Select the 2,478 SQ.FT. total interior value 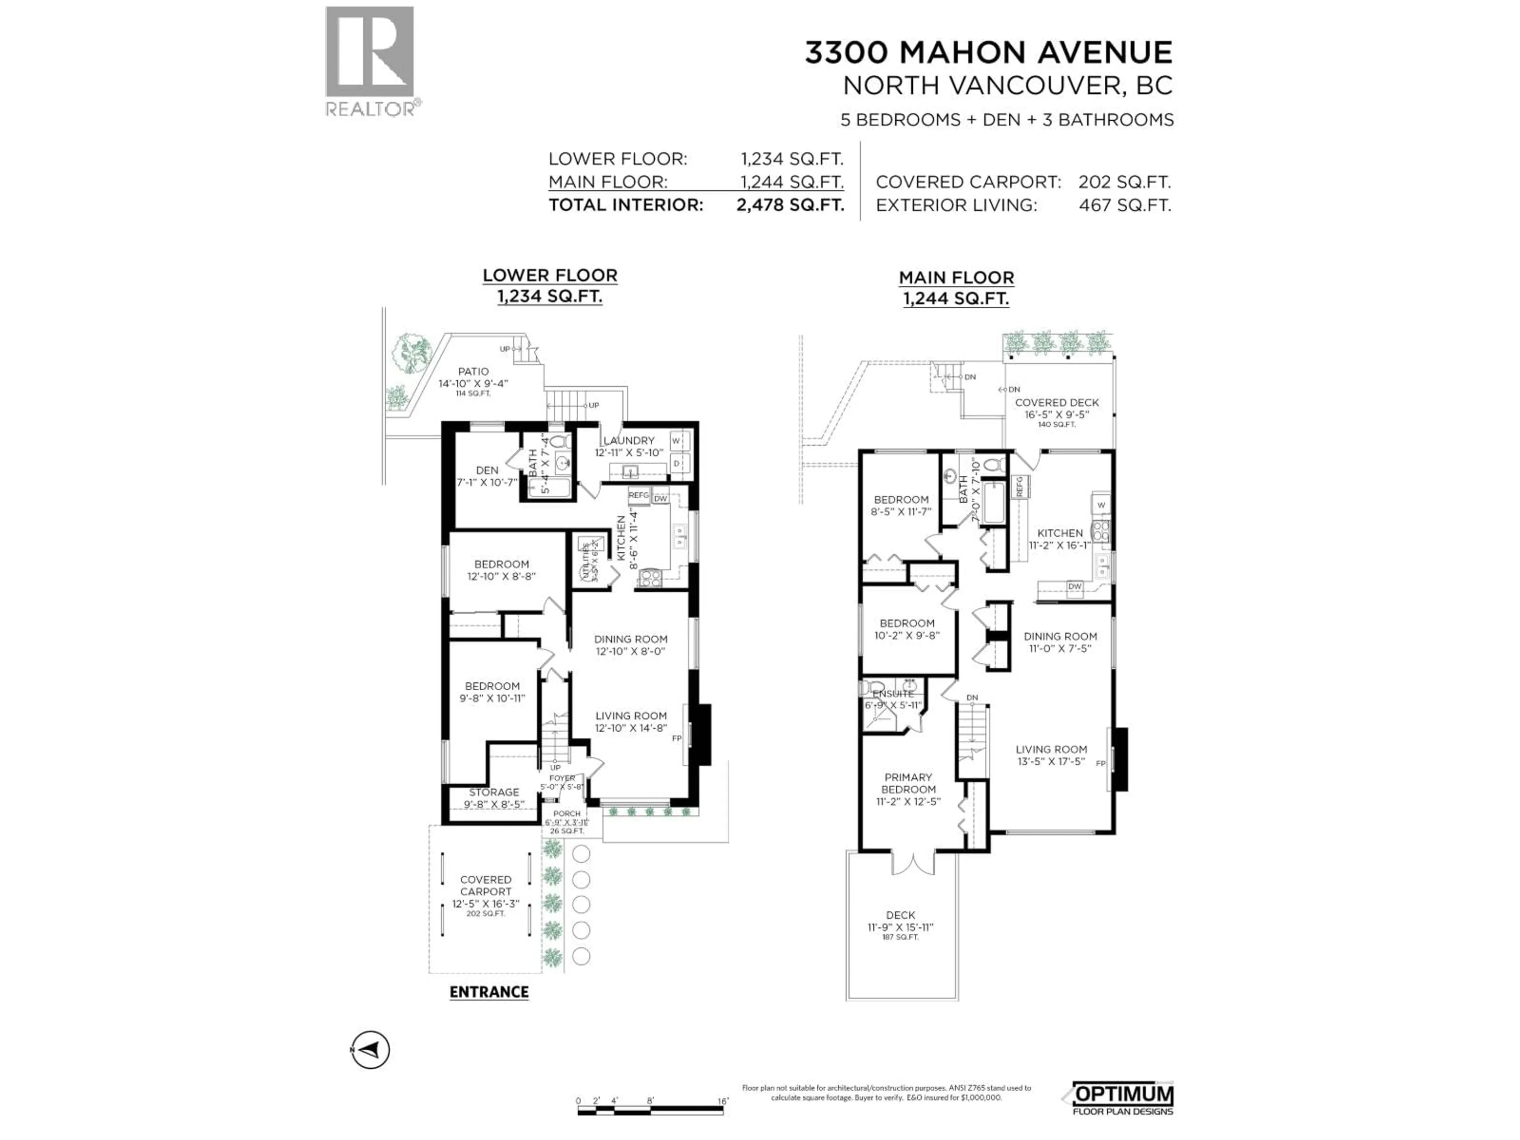790,205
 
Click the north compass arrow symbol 370,1049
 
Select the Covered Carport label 486,886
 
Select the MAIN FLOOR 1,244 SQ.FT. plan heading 956,287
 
